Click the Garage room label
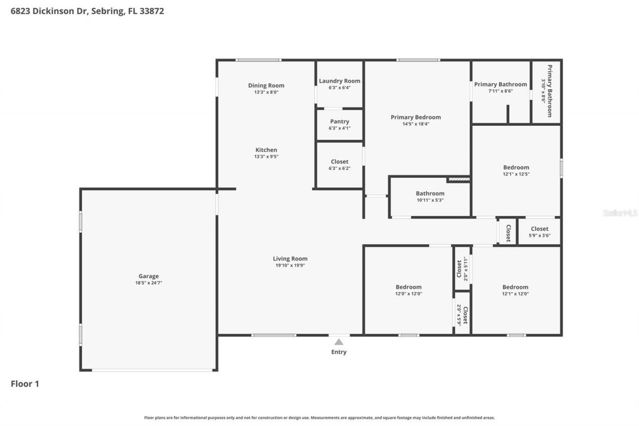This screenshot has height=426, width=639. pyautogui.click(x=148, y=276)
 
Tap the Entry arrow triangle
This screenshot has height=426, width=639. pyautogui.click(x=339, y=342)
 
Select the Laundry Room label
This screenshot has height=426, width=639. pyautogui.click(x=339, y=81)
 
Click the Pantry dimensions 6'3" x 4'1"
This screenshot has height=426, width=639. pyautogui.click(x=339, y=128)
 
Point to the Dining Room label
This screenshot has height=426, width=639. pyautogui.click(x=266, y=85)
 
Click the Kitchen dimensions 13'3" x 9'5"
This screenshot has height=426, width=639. pyautogui.click(x=266, y=157)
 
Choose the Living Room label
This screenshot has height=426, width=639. pyautogui.click(x=290, y=259)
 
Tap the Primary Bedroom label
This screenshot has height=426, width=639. pyautogui.click(x=415, y=117)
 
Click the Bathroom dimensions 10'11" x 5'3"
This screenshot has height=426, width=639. pyautogui.click(x=430, y=200)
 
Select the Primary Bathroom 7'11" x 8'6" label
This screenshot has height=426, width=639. pyautogui.click(x=500, y=84)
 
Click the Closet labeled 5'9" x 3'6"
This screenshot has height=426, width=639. pyautogui.click(x=539, y=229)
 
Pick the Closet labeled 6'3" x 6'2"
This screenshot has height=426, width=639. pyautogui.click(x=339, y=162)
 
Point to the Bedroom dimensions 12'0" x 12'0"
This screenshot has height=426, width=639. pyautogui.click(x=408, y=294)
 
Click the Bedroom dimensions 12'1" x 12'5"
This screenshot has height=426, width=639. pyautogui.click(x=516, y=174)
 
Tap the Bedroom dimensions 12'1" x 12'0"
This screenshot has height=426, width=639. pyautogui.click(x=515, y=294)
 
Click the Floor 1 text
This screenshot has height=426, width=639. pyautogui.click(x=25, y=384)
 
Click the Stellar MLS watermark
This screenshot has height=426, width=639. pyautogui.click(x=620, y=213)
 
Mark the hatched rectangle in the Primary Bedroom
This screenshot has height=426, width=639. pyautogui.click(x=459, y=178)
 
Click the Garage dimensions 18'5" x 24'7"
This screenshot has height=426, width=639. pyautogui.click(x=148, y=283)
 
